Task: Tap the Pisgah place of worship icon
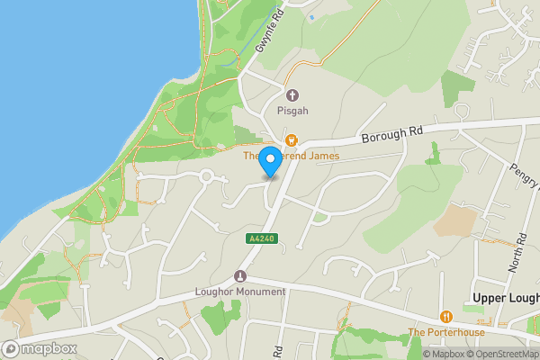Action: pyautogui.click(x=291, y=95)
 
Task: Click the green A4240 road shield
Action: pyautogui.click(x=261, y=238)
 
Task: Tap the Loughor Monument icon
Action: pyautogui.click(x=240, y=276)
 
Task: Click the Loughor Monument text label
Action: pyautogui.click(x=240, y=292)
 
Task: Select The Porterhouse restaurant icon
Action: pyautogui.click(x=445, y=317)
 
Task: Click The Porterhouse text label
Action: pyautogui.click(x=445, y=332)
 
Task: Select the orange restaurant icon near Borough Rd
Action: pyautogui.click(x=291, y=139)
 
